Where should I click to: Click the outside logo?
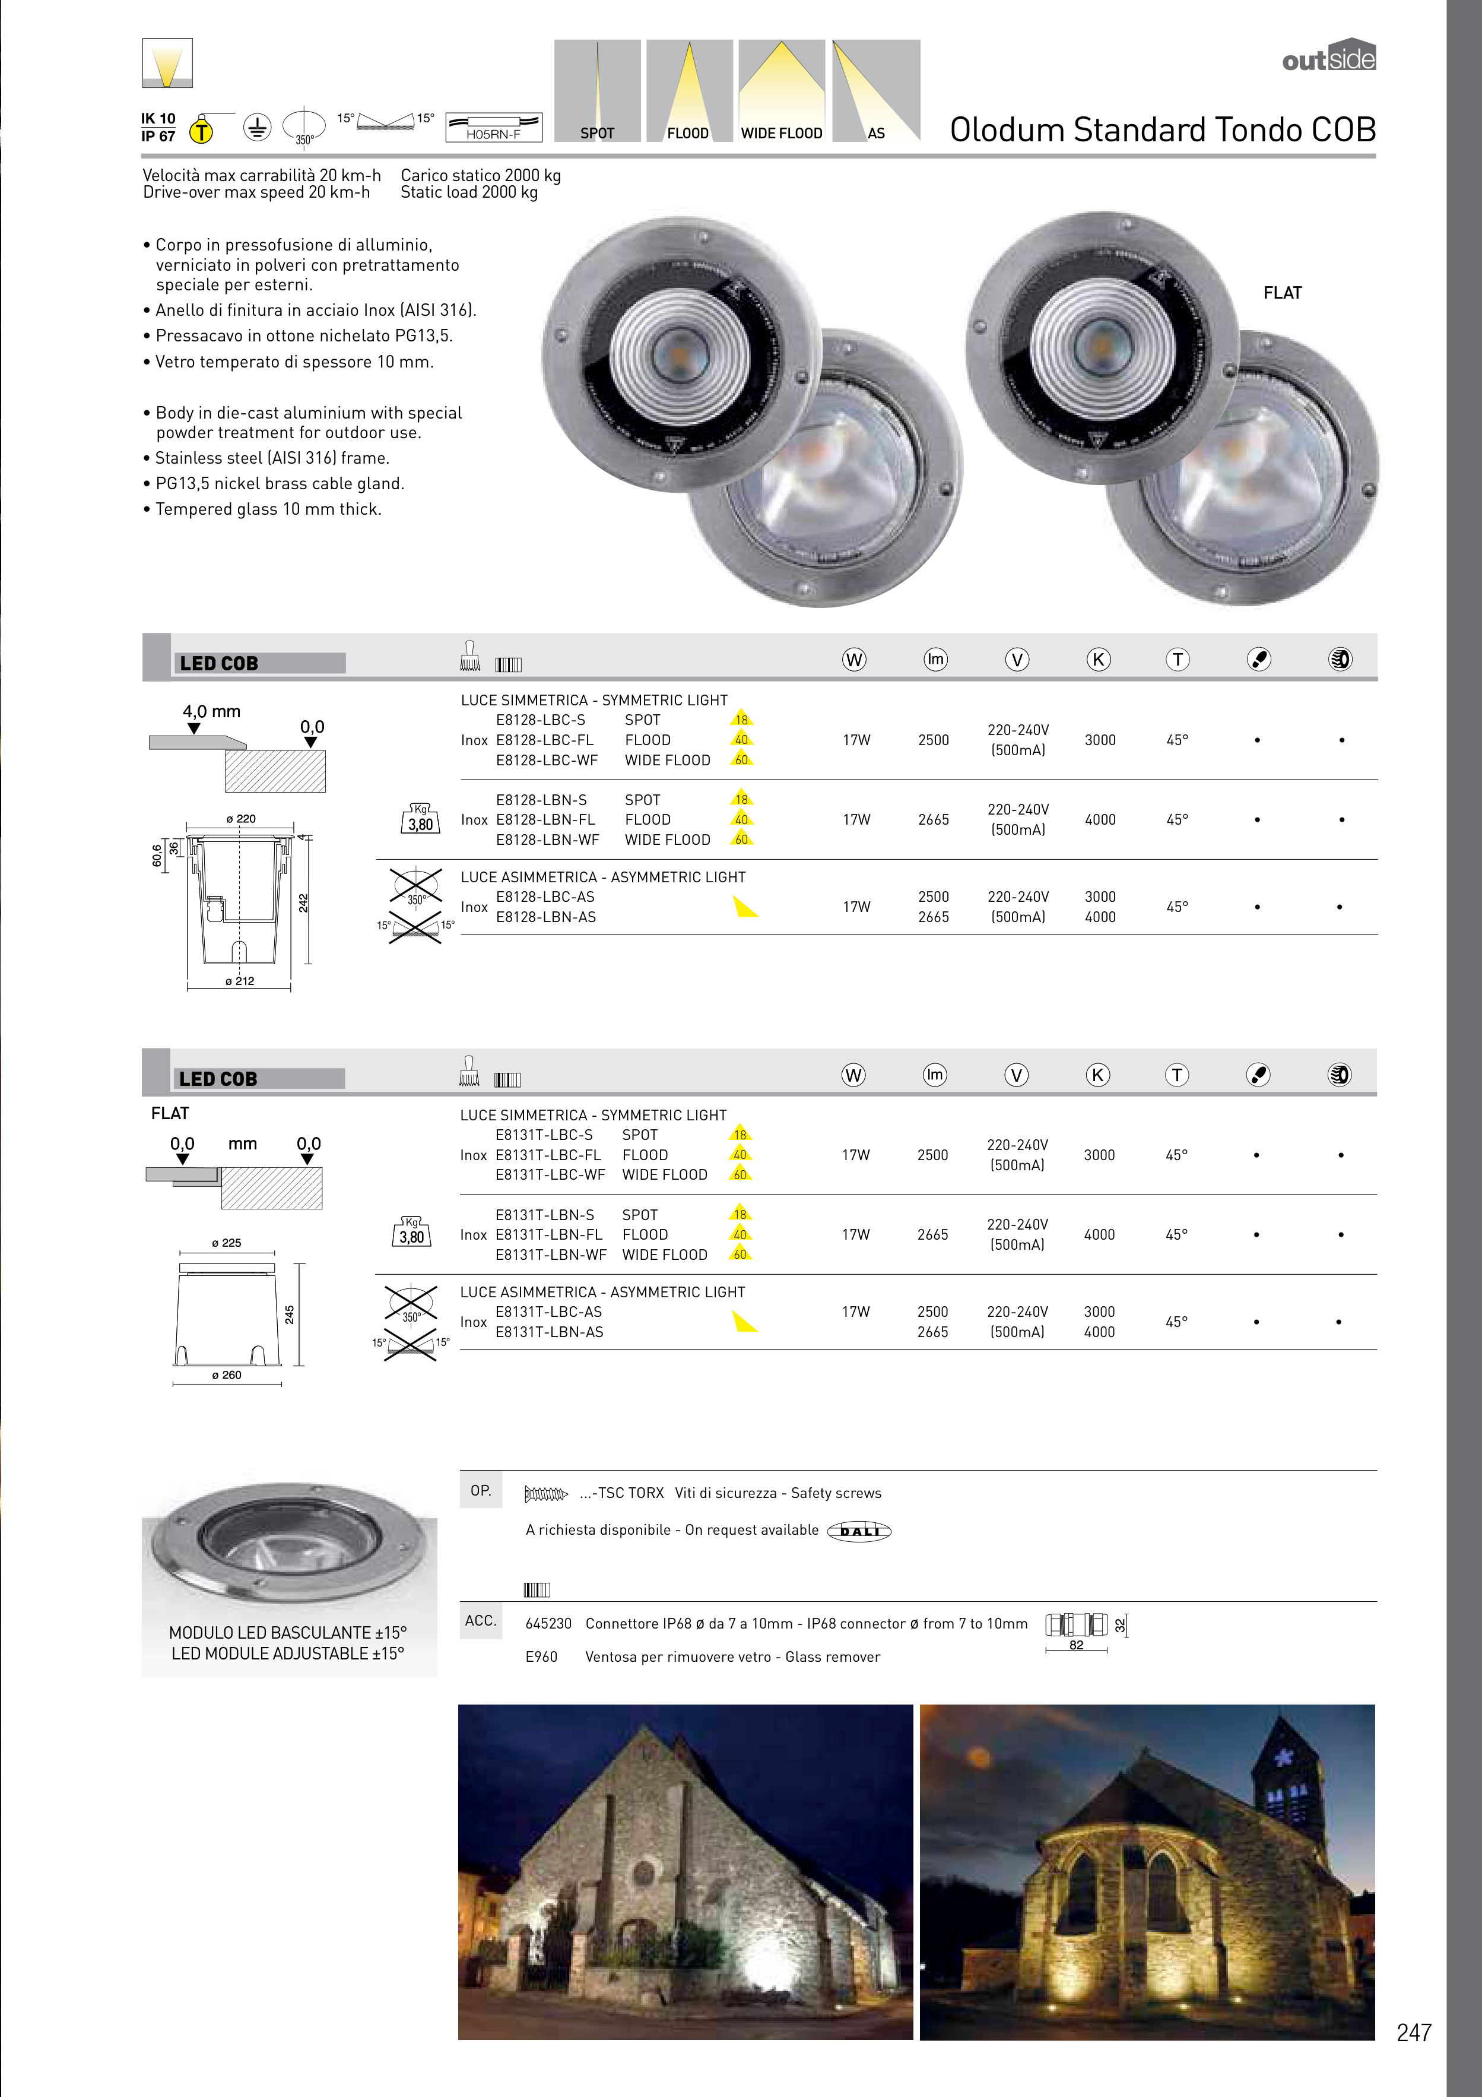(x=1329, y=56)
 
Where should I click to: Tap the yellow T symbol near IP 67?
(x=201, y=132)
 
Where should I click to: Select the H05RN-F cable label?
(x=493, y=134)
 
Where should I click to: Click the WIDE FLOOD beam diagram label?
(x=782, y=134)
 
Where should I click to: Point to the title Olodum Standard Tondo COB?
(x=1163, y=129)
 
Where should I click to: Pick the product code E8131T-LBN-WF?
(x=551, y=1255)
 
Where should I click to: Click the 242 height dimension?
(x=303, y=902)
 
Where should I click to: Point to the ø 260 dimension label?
(x=227, y=1374)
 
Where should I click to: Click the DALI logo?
(x=859, y=1531)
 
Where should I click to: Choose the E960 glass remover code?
(x=541, y=1657)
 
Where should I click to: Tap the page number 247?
(x=1414, y=2032)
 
